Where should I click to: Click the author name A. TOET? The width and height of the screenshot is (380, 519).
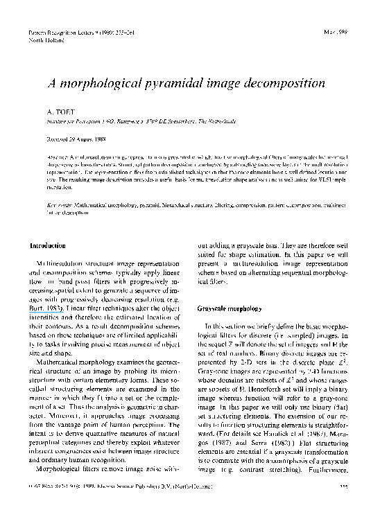61,110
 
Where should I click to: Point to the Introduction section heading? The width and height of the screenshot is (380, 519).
48,246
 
